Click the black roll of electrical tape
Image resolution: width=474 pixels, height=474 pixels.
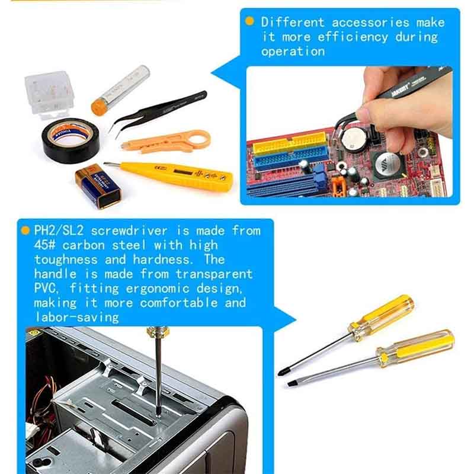coord(70,141)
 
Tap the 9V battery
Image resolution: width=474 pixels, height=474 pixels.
coord(98,185)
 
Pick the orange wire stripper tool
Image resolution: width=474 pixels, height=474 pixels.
coord(166,142)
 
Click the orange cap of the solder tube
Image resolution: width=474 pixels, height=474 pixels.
coord(98,108)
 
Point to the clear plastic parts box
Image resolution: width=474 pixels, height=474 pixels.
coord(49,94)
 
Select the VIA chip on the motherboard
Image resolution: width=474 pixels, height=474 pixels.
coord(387,165)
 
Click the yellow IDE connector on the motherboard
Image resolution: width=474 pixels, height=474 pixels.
coord(290,143)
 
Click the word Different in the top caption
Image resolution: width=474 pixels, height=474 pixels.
coord(293,23)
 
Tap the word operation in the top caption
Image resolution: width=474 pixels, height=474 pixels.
coord(293,51)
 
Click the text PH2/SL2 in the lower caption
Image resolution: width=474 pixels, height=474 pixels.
coord(59,230)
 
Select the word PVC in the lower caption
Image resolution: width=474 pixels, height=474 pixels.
coord(45,288)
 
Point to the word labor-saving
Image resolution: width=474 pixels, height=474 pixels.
coord(77,317)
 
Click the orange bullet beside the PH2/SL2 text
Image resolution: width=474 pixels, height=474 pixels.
coord(25,230)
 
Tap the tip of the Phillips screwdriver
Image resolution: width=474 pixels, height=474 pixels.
coord(280,373)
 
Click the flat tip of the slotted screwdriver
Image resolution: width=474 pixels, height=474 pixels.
coord(291,384)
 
